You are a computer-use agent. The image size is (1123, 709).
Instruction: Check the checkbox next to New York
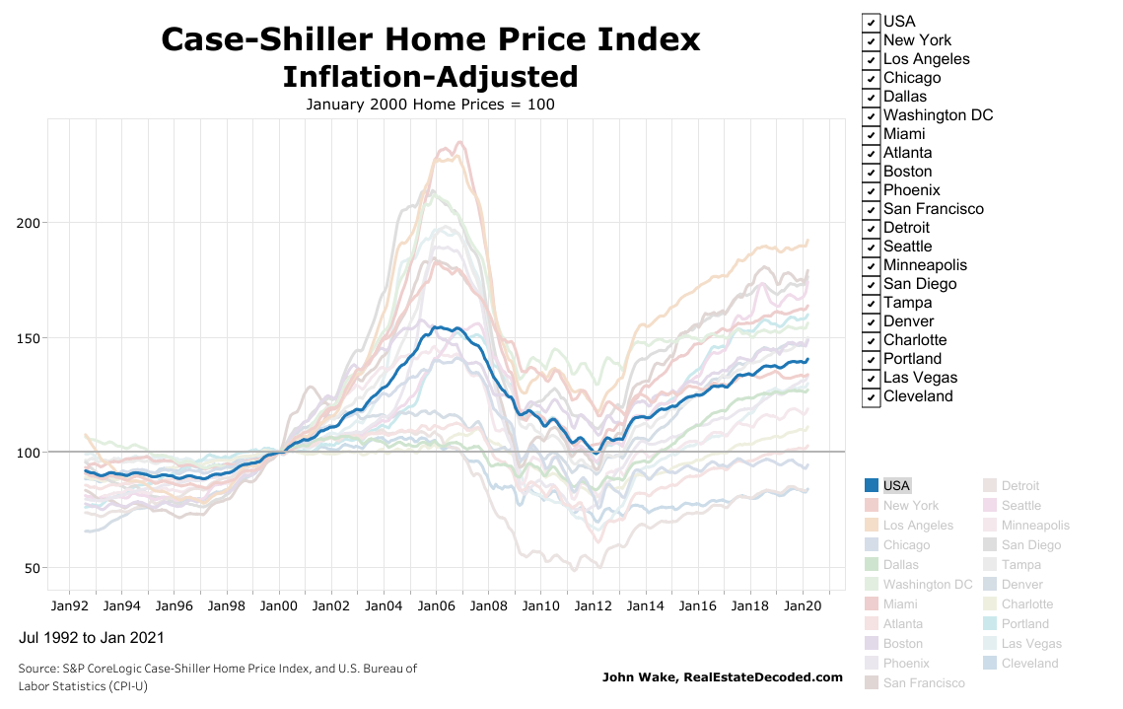(x=871, y=40)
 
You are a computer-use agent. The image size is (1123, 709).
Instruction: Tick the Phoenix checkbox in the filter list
(x=871, y=190)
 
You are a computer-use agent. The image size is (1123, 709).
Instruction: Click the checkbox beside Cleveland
(x=871, y=397)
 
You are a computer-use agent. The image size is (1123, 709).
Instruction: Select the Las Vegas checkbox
(x=871, y=379)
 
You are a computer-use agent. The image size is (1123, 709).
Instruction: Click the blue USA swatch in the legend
(x=872, y=485)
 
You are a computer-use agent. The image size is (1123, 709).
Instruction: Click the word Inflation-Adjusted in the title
(x=430, y=77)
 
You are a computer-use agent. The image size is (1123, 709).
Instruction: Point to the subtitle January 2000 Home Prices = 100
(x=430, y=104)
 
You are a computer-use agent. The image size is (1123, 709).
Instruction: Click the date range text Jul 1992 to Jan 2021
(x=92, y=638)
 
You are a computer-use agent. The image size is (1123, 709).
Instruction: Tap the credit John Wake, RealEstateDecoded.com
(x=723, y=676)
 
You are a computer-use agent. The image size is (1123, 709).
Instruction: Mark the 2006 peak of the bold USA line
(x=436, y=327)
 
